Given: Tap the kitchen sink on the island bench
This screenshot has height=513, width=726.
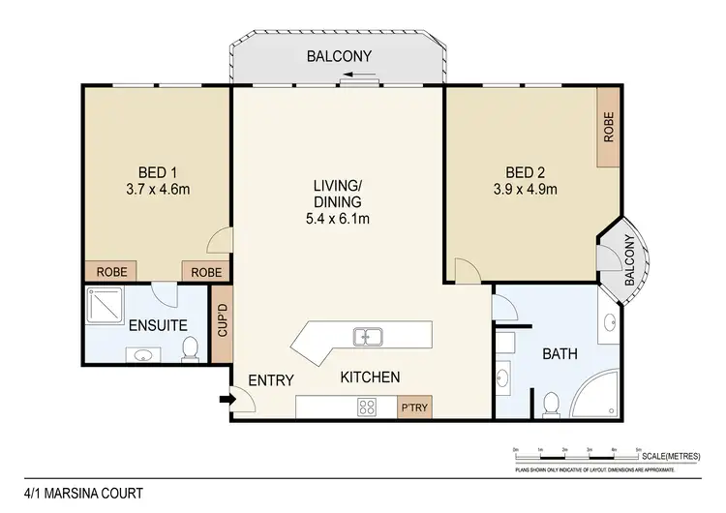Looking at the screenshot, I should pyautogui.click(x=368, y=337).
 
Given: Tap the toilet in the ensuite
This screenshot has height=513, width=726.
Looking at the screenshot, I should pyautogui.click(x=191, y=348).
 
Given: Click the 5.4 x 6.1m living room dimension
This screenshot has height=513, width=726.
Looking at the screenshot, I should pyautogui.click(x=337, y=218).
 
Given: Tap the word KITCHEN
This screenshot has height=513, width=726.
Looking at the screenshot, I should pyautogui.click(x=369, y=377).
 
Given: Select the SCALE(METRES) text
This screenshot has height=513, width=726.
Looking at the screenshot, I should pyautogui.click(x=674, y=457).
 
